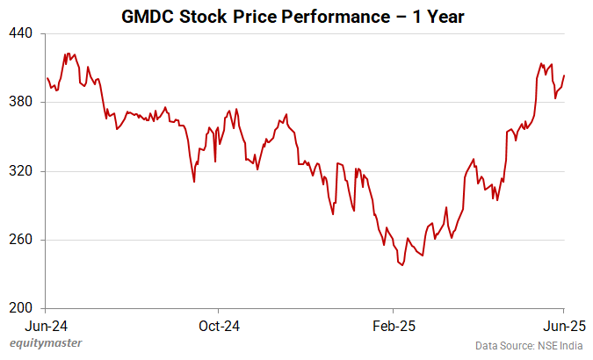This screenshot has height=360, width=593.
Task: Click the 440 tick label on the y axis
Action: [x=21, y=33]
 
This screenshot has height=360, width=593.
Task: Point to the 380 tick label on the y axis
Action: [x=21, y=102]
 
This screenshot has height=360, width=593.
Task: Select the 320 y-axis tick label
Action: [x=21, y=171]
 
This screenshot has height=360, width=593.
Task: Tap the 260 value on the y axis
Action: [x=21, y=240]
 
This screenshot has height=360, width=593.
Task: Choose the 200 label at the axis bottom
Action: [x=21, y=308]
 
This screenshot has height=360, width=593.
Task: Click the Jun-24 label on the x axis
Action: [x=46, y=325]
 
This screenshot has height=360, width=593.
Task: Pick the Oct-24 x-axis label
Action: [x=219, y=325]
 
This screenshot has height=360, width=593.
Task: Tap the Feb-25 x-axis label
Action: [x=393, y=325]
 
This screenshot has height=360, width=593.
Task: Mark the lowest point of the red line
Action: [x=402, y=265]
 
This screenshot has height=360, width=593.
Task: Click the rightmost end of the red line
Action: [x=564, y=76]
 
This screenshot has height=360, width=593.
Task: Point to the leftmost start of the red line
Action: [x=47, y=78]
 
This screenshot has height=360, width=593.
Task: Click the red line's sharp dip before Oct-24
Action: [x=194, y=182]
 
